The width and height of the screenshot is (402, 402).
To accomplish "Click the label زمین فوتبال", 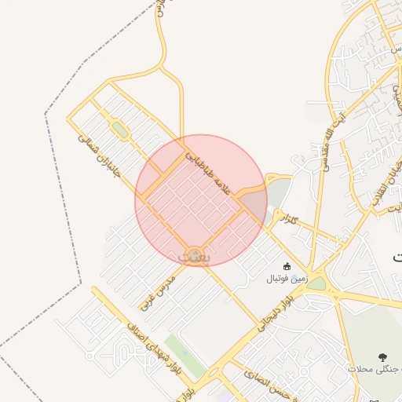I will coord(287,278).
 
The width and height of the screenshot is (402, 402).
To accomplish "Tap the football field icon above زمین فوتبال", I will coord(287,266).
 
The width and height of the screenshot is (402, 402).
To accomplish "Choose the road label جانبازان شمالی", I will coord(97,154).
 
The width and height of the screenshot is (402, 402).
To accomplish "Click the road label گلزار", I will coord(290,217).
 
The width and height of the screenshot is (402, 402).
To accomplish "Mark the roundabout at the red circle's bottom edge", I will coord(192,255).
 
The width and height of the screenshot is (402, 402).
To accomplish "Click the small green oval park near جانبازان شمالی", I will coord(119,127).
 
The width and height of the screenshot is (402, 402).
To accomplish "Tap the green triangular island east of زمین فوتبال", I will coord(317,283).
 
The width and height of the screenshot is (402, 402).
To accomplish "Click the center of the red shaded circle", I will coord(201,200).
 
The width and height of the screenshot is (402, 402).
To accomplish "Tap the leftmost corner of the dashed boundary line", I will coord(46,114).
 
